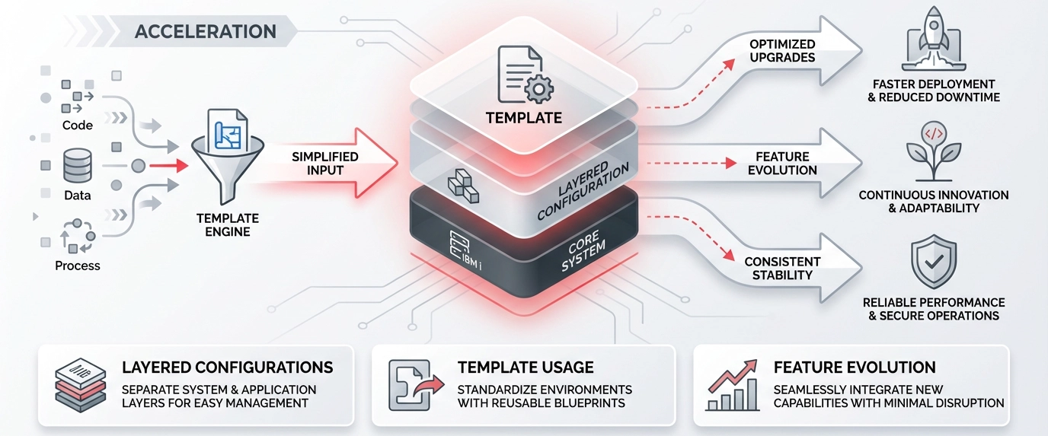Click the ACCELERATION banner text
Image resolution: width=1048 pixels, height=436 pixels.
click(205, 31)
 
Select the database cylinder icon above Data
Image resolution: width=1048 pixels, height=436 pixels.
click(78, 165)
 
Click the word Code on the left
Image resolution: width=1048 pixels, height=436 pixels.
click(78, 126)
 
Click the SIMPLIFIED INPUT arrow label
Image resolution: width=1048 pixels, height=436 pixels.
click(324, 163)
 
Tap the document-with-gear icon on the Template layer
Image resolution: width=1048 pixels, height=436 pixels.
click(524, 74)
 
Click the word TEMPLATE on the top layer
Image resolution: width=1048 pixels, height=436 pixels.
click(523, 118)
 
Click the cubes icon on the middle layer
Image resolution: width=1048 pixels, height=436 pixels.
click(462, 186)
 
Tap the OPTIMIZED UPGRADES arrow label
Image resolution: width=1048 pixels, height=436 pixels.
click(782, 51)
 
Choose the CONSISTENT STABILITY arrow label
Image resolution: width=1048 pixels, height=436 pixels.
click(782, 268)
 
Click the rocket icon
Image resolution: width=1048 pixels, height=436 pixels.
click(933, 39)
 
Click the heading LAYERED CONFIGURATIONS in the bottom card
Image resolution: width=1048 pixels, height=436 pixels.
click(227, 368)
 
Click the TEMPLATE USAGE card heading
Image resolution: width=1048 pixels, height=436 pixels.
click(526, 368)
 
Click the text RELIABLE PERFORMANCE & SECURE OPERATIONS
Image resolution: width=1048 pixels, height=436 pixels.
click(933, 309)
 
